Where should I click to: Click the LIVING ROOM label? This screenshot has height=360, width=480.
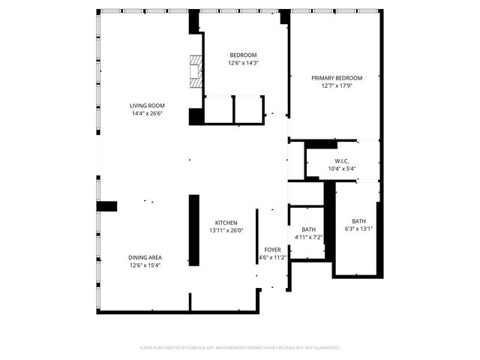[147, 106]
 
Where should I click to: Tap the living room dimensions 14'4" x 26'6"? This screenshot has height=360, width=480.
[147, 114]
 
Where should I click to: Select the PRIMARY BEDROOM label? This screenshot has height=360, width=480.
[337, 78]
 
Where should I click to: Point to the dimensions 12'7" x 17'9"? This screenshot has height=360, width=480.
[337, 85]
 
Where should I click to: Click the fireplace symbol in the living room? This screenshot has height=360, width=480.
[196, 72]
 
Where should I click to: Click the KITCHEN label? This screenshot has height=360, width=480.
[226, 223]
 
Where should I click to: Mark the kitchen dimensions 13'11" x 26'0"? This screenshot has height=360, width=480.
[226, 231]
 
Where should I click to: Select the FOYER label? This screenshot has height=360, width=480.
[272, 250]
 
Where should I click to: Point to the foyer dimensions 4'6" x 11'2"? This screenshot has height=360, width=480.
[272, 257]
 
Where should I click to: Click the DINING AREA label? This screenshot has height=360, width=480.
[145, 257]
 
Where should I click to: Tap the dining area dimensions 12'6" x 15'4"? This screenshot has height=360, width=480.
[145, 265]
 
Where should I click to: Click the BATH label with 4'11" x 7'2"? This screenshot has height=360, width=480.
[308, 229]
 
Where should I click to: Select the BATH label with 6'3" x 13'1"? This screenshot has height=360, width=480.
[359, 221]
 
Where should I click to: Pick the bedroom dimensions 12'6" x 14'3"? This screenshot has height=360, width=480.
[243, 63]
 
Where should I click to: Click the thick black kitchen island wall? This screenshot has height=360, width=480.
[193, 230]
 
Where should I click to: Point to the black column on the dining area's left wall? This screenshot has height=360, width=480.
[106, 206]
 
